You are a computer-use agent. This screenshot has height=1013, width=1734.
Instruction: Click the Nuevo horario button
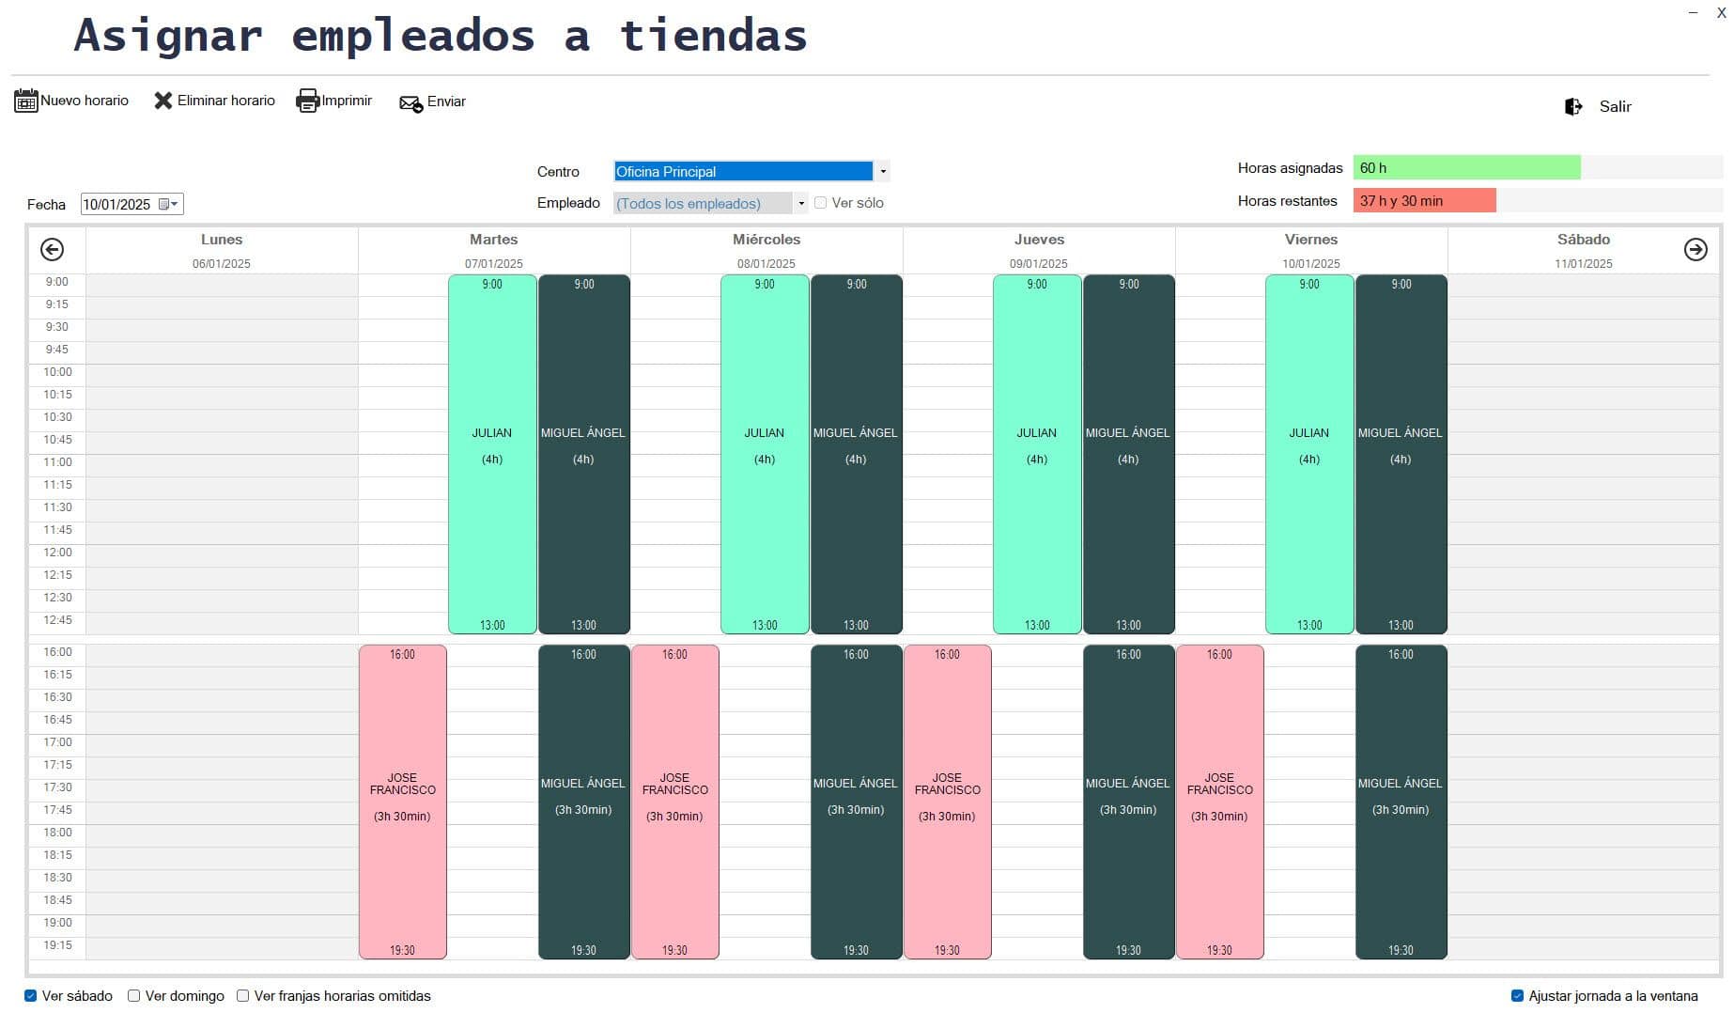(71, 101)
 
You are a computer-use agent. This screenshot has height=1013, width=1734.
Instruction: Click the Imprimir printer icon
(308, 101)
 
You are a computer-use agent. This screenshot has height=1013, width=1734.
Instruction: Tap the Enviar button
(432, 101)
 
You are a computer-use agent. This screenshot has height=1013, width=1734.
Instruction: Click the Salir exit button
(1599, 106)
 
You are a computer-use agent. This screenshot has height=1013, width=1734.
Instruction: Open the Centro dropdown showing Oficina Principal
(882, 171)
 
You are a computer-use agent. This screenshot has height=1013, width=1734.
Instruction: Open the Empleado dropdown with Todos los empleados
(800, 203)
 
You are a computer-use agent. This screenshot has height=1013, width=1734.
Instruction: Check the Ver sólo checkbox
(821, 203)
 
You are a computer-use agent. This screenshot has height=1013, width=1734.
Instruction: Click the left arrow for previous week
(53, 249)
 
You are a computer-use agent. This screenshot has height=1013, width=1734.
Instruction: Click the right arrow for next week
(1695, 249)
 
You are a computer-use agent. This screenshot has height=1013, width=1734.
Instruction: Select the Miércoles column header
(766, 241)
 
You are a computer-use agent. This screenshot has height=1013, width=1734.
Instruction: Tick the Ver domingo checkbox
(134, 996)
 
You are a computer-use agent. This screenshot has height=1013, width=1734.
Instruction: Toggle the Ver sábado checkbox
(31, 996)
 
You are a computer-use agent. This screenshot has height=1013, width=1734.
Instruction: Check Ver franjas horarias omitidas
(243, 996)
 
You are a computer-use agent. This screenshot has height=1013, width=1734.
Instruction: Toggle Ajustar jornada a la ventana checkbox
(1516, 996)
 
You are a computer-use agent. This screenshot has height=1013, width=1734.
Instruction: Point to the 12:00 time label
(57, 553)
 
